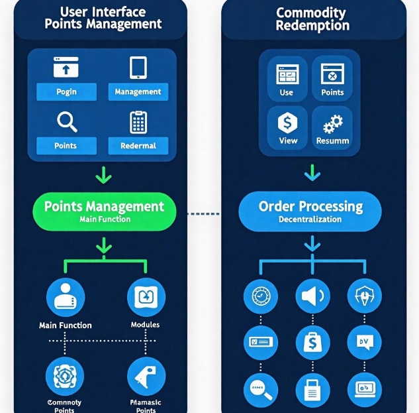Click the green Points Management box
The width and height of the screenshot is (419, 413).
[x=104, y=211]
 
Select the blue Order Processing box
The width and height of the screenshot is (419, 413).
[x=310, y=211]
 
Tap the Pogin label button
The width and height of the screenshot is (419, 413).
[x=66, y=92]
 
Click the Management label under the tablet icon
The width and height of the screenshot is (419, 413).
[x=138, y=92]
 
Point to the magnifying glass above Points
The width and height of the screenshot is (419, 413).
[x=67, y=122]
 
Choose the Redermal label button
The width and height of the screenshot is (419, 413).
[x=138, y=145]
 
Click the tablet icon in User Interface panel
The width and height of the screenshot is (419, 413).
[x=138, y=68]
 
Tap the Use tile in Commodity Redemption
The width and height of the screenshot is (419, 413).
[x=287, y=79]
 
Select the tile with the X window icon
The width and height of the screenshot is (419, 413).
[x=332, y=79]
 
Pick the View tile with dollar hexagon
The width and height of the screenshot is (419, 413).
[x=288, y=127]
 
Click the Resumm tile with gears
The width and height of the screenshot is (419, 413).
[x=332, y=127]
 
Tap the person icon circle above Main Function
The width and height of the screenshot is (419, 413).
[x=66, y=298]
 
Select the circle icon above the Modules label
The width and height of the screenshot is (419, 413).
[x=145, y=298]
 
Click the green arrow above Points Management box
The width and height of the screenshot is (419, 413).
[x=104, y=176]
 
